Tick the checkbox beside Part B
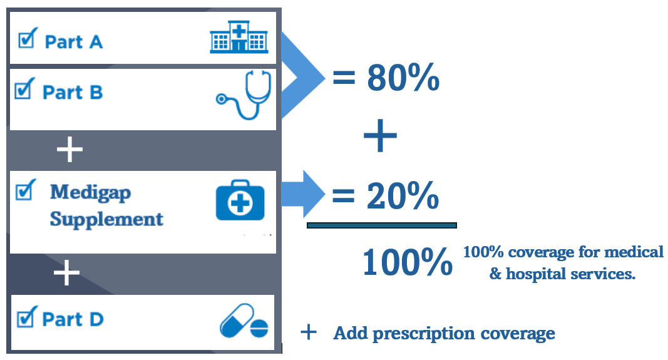click(23, 91)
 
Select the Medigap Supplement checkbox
click(24, 191)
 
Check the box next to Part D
click(25, 318)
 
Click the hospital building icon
click(239, 37)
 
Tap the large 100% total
click(407, 262)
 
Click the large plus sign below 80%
click(380, 137)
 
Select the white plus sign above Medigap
click(69, 150)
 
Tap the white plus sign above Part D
click(67, 274)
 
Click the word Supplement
click(106, 220)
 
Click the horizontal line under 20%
click(381, 225)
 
